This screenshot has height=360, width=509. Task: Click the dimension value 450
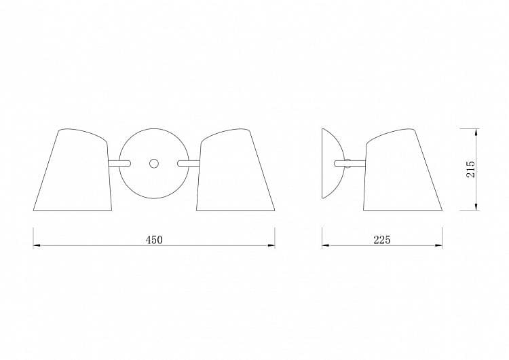click(x=154, y=240)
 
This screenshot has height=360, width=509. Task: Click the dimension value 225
click(x=381, y=240)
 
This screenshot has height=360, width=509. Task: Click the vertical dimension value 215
click(x=470, y=168)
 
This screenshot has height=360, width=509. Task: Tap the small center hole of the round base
click(x=154, y=163)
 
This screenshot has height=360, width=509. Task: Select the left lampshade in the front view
click(x=73, y=170)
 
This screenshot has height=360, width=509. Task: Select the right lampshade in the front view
click(x=235, y=170)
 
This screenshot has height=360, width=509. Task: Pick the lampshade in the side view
click(x=403, y=170)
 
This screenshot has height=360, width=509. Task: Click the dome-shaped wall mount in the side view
click(x=332, y=163)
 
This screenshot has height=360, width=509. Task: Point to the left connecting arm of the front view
click(x=119, y=163)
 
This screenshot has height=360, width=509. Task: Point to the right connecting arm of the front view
click(x=189, y=163)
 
